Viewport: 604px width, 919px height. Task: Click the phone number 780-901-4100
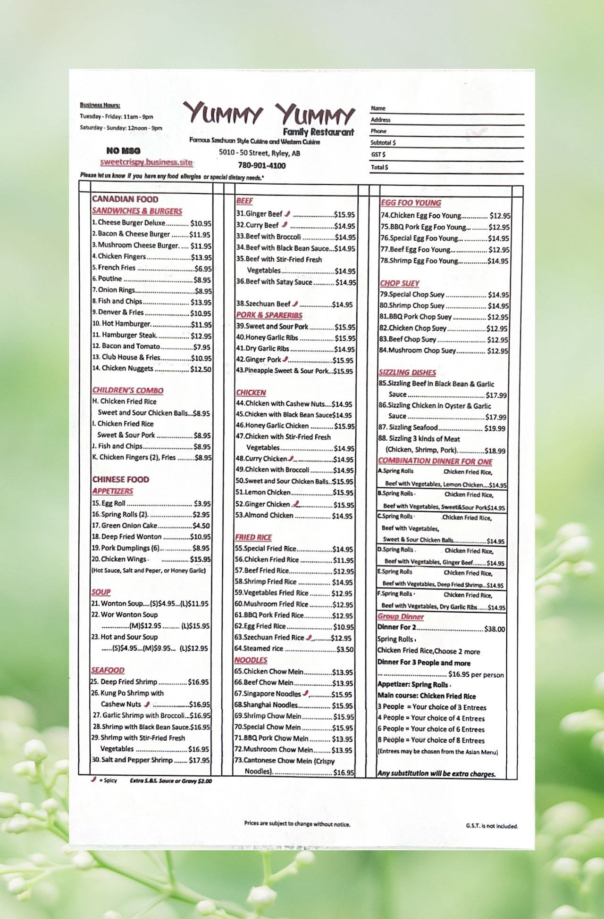click(x=261, y=165)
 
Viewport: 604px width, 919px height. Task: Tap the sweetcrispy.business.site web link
click(x=146, y=162)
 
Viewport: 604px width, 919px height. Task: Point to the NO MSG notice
click(x=123, y=151)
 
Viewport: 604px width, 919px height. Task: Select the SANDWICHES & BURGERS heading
click(x=137, y=211)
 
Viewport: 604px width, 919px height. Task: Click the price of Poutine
click(x=202, y=279)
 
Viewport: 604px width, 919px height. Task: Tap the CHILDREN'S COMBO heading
click(x=128, y=390)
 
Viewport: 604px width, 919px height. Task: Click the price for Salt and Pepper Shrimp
click(x=200, y=760)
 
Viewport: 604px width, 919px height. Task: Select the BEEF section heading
click(x=244, y=201)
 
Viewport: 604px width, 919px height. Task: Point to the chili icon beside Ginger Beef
click(x=287, y=213)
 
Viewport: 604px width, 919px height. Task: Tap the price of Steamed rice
click(x=345, y=649)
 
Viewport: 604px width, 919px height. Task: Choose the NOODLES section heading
click(x=251, y=660)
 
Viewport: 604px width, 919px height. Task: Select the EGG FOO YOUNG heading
click(x=411, y=203)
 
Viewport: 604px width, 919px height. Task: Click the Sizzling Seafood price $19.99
click(x=495, y=428)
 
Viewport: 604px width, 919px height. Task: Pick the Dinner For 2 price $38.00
click(x=495, y=629)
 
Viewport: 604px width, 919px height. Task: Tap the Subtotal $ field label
click(x=383, y=142)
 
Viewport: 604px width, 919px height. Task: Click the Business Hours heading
click(x=100, y=105)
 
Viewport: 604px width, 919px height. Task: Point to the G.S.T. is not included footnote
click(x=491, y=826)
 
